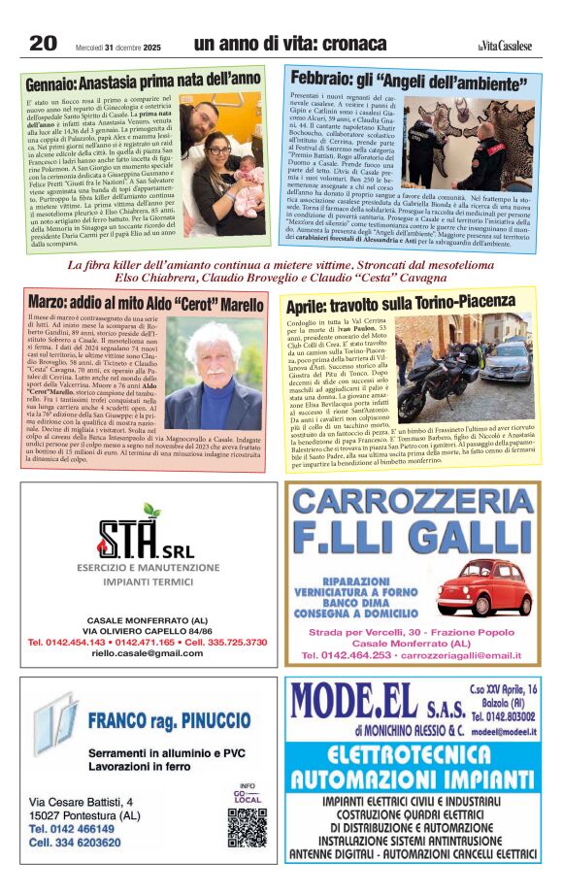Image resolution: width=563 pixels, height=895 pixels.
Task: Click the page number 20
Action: [x=44, y=43]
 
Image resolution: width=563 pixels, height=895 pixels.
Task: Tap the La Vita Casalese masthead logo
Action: [x=505, y=45]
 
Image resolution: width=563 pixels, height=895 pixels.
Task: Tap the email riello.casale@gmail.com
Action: [x=146, y=654]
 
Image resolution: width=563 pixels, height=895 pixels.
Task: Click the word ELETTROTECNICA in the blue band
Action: [x=413, y=754]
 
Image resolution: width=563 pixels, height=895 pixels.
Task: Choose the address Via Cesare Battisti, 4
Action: [x=82, y=802]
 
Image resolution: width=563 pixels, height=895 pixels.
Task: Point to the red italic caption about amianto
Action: [x=281, y=271]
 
